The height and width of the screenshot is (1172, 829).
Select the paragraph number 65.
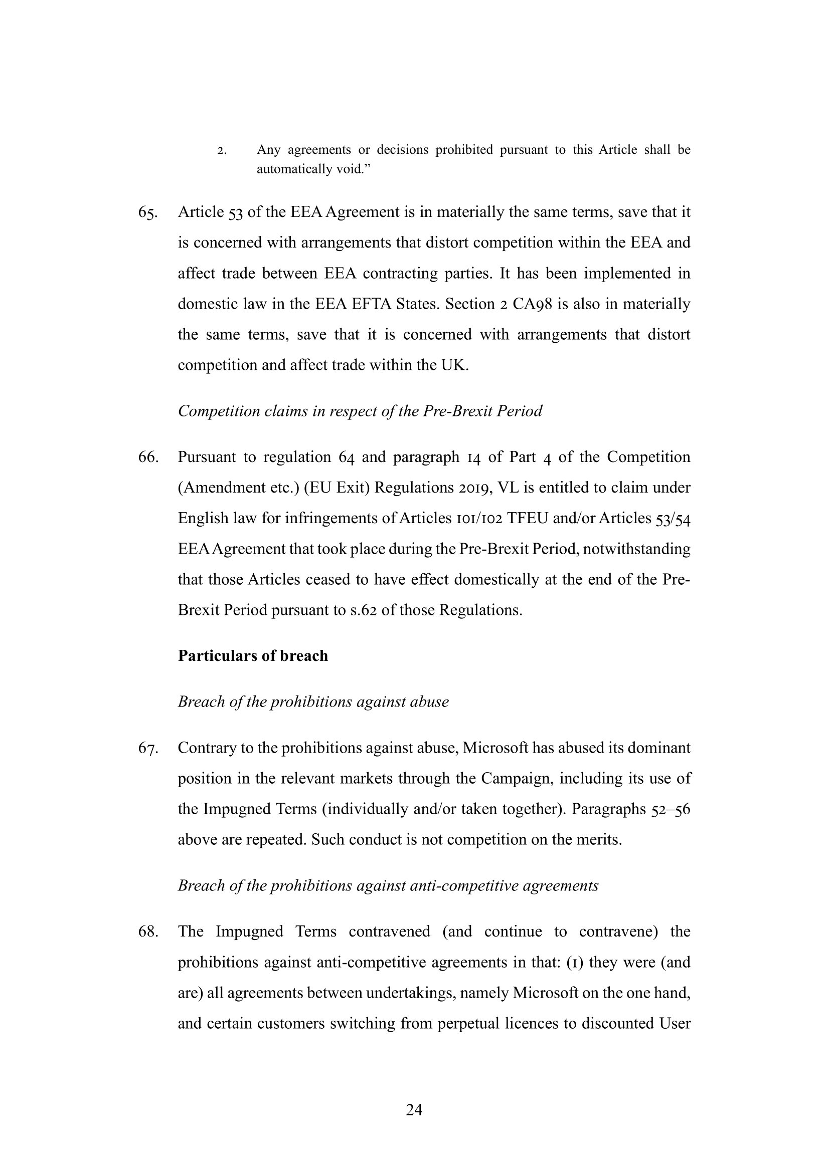click(147, 212)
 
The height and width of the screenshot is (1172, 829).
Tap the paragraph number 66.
click(147, 457)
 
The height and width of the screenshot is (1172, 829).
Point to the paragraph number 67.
click(147, 748)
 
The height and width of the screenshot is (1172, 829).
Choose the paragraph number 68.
click(147, 932)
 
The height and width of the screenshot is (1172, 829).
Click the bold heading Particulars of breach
click(253, 656)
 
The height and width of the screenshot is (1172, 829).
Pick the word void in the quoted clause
click(349, 169)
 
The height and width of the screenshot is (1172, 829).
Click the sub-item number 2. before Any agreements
click(222, 151)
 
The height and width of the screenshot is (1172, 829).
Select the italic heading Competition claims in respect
click(360, 411)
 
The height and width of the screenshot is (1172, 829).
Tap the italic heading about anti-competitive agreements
click(388, 886)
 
